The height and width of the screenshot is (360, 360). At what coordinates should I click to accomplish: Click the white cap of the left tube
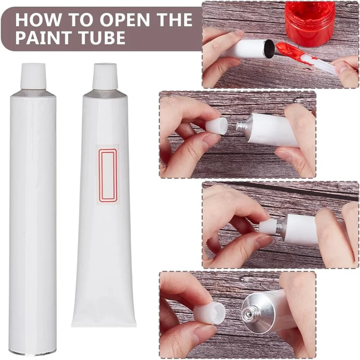coord(33,75)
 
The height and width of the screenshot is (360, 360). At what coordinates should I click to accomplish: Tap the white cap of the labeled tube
coord(105,76)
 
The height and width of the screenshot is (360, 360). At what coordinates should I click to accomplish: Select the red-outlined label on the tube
coord(108,175)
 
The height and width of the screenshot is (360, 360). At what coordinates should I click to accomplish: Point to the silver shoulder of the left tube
coord(33,92)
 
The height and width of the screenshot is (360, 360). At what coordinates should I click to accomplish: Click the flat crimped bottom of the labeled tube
coord(104,321)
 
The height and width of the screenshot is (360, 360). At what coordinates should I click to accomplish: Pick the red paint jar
coord(309,22)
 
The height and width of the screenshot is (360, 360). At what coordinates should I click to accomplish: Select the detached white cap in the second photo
coord(216,124)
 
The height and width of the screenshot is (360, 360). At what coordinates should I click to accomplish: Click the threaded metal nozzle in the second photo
coord(241,126)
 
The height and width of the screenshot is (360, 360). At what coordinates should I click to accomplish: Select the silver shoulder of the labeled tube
coord(105,93)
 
